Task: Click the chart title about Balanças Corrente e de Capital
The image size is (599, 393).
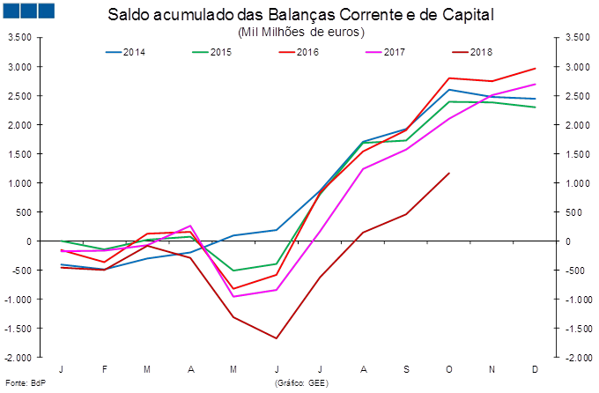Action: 299,16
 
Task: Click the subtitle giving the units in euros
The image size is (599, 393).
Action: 300,32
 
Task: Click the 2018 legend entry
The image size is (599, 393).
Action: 478,52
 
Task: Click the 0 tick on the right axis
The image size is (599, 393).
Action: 567,241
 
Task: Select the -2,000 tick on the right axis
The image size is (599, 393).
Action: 573,358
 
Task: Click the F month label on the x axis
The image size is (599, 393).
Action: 105,368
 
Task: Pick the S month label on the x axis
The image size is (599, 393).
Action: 406,368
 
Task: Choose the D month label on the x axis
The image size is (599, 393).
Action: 536,368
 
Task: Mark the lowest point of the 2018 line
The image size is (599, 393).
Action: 277,338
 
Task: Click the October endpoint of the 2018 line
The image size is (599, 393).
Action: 449,173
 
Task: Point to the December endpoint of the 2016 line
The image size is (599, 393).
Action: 536,69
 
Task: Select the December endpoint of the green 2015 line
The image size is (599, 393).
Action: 536,108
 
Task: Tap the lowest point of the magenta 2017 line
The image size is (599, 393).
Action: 234,296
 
